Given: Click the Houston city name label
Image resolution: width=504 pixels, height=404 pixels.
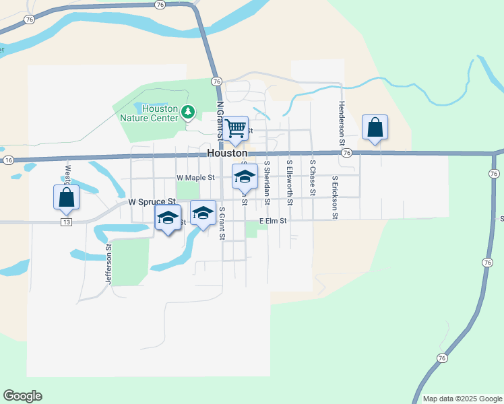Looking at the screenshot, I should tap(226, 153).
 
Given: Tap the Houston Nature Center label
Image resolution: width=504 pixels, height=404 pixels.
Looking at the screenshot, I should tap(149, 113).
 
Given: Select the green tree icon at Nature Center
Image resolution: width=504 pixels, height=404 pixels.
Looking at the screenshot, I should tap(190, 111).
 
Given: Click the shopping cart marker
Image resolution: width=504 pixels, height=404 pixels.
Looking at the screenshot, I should tap(236, 127).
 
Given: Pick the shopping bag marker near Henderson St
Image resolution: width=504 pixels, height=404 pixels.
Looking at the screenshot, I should tap(375, 127).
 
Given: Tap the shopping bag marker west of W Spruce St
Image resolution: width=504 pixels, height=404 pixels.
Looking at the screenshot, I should tap(66, 197).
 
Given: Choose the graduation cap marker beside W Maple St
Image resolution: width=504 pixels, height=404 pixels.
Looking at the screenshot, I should tap(245, 177).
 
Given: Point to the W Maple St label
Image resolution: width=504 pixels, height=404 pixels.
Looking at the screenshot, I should tap(195, 178).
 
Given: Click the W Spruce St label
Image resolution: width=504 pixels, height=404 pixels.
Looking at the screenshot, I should tap(152, 201).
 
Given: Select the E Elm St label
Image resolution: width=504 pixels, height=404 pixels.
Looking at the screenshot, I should tap(274, 221).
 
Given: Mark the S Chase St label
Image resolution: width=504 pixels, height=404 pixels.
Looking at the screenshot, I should tap(313, 178).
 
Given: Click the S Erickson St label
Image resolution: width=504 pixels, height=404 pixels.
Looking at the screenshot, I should tap(335, 198).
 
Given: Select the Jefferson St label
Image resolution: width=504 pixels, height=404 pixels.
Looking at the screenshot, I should tap(108, 264).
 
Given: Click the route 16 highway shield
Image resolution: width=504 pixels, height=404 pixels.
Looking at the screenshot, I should tap(8, 160).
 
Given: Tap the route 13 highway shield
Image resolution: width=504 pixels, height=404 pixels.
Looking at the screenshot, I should tap(65, 222).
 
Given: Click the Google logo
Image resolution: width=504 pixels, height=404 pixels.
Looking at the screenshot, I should tap(22, 396).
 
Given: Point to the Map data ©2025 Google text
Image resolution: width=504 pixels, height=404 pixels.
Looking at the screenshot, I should tap(462, 399).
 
